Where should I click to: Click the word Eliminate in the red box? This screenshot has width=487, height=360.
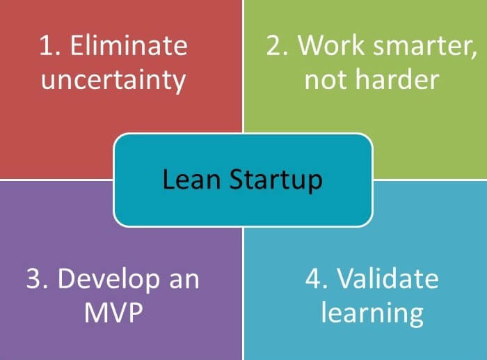pos(129,45)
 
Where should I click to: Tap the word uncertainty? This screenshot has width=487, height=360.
pos(113,80)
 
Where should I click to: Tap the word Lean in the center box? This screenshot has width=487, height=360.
pos(191,179)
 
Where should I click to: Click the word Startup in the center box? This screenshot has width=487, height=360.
pos(276,180)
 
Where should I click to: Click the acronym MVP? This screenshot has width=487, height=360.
pos(113,313)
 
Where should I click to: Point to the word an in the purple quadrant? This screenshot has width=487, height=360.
pos(184,281)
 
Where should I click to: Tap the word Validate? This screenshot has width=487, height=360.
pos(388,278)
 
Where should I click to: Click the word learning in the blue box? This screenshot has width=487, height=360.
pos(372,314)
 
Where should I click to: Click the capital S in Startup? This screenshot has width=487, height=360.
pos(238,179)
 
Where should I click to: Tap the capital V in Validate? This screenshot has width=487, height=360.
pos(348,279)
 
